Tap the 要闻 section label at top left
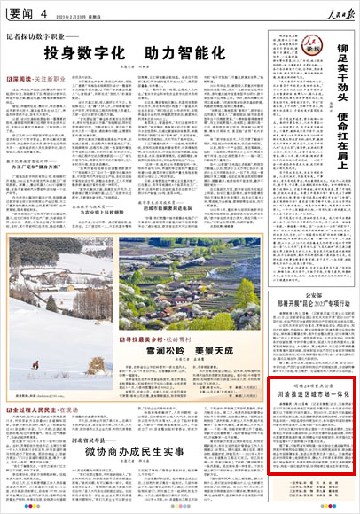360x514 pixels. click(19, 11)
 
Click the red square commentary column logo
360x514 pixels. click(309, 41)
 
